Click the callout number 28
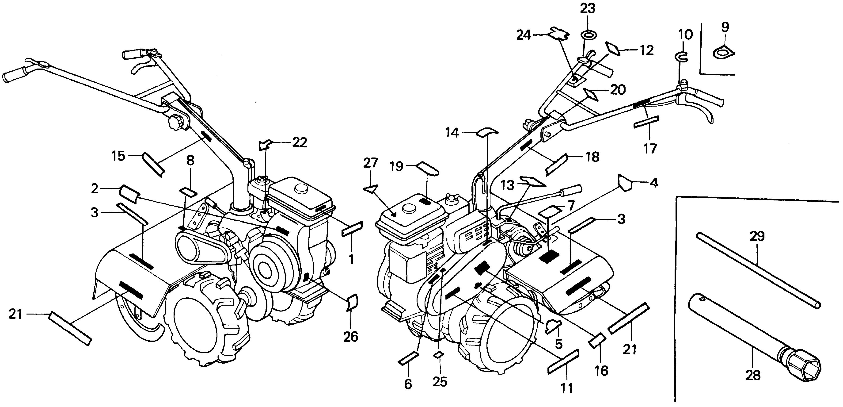click(753, 375)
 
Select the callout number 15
click(118, 156)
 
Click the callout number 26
click(350, 336)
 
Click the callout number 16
click(601, 371)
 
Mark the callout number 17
click(650, 149)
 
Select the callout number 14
click(452, 133)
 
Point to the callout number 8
click(190, 161)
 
